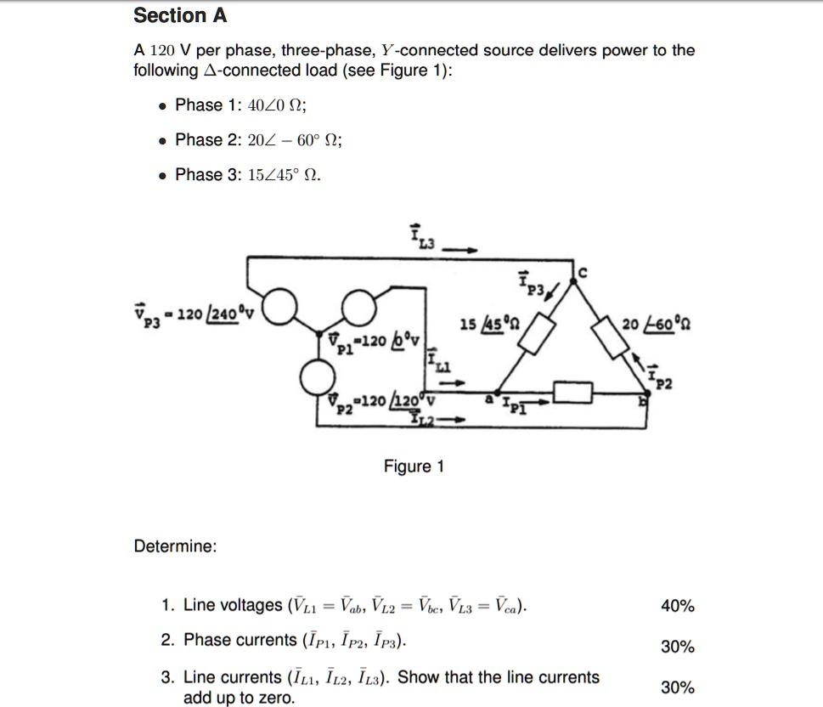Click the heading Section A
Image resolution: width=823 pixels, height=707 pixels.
pos(180,15)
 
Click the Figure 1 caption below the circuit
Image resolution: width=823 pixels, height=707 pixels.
pos(414,467)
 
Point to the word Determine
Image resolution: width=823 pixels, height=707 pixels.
pos(175,546)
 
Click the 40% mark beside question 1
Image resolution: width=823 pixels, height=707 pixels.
pos(677,606)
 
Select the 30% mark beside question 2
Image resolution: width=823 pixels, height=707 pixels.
pos(677,647)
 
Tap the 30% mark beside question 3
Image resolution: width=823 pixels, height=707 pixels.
pos(677,687)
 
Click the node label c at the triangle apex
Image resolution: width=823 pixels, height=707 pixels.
pos(583,272)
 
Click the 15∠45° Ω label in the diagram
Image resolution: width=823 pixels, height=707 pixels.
pos(483,324)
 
